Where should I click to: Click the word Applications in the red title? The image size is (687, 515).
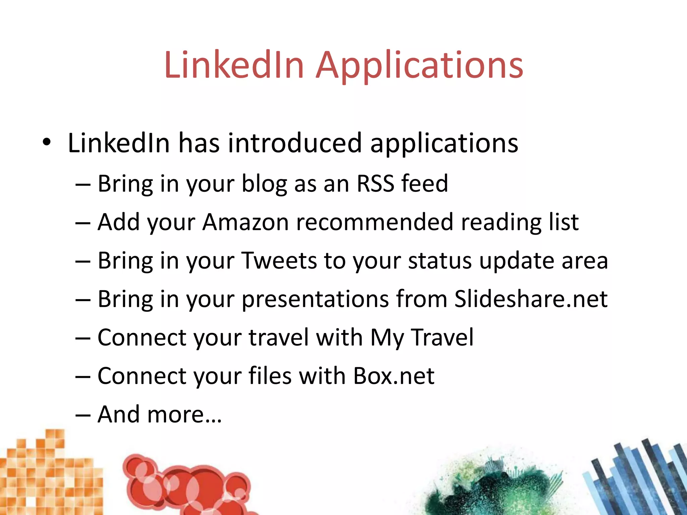pos(419,65)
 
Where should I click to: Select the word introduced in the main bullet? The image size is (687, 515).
pos(295,143)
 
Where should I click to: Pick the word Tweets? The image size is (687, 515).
pos(279,261)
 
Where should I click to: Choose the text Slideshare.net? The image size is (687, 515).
pos(531,299)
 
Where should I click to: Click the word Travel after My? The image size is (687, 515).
pos(442,337)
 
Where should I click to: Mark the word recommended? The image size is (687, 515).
pos(374,222)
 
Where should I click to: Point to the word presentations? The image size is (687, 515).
pos(315,299)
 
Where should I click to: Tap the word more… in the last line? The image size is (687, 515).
pos(184,414)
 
